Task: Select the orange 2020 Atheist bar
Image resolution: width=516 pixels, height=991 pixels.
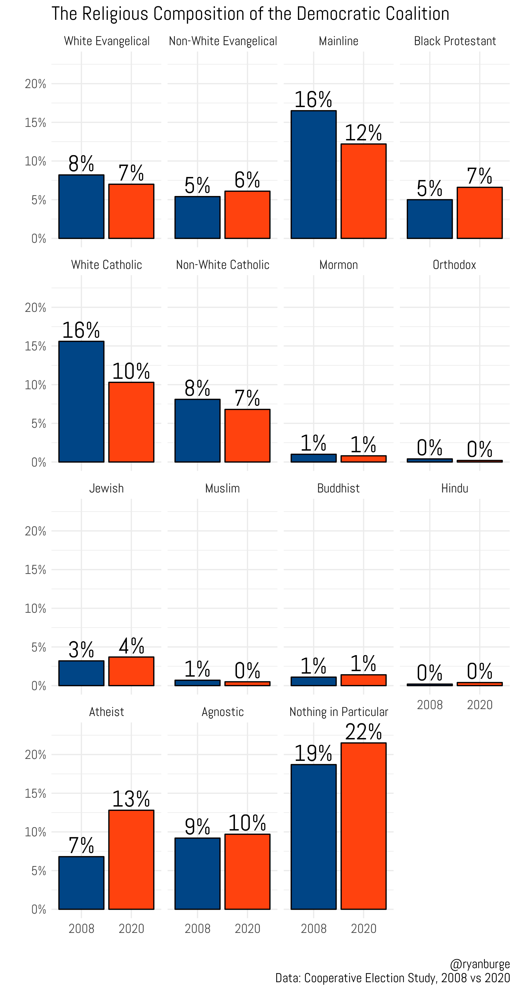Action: (131, 860)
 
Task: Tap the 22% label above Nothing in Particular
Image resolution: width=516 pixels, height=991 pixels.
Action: (363, 732)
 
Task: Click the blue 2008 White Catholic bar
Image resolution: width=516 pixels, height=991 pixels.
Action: (81, 402)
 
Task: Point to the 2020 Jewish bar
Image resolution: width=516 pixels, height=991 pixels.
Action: (131, 671)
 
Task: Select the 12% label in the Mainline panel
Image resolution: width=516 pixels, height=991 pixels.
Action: (363, 133)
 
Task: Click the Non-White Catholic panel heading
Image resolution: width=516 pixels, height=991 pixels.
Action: (222, 265)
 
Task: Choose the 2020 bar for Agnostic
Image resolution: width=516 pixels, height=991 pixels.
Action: (247, 872)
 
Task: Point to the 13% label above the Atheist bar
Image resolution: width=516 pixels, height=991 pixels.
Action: (131, 799)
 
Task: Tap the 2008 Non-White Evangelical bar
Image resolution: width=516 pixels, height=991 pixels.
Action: (197, 218)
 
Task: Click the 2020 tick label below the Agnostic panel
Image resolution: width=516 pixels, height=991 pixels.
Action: (247, 929)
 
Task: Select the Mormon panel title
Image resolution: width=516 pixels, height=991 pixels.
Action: (338, 265)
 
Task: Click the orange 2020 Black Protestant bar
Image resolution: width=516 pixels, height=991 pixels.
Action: (479, 213)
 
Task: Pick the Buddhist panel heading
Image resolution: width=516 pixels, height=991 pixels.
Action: (338, 489)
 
